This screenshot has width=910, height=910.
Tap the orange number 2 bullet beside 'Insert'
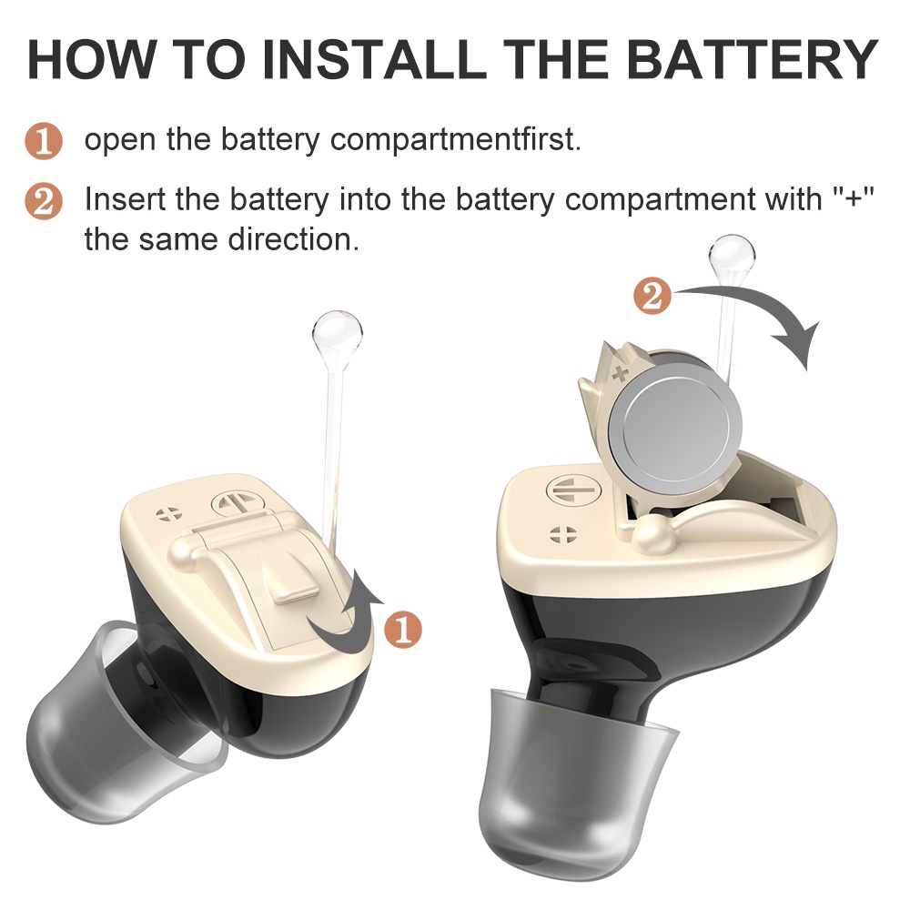[x=43, y=201]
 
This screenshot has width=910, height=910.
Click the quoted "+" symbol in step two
[x=854, y=198]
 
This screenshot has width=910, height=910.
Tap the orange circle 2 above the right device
[x=652, y=297]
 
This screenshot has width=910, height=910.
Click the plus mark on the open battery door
[x=622, y=372]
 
